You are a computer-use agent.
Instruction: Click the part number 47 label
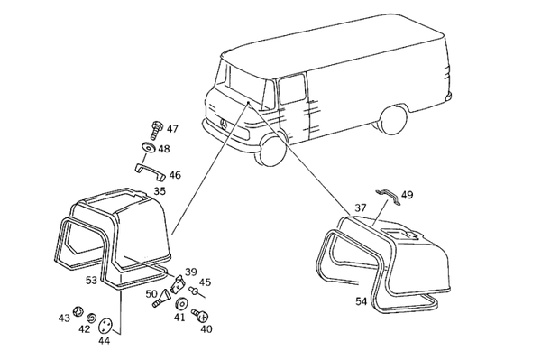(172, 129)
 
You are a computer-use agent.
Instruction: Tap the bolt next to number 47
(156, 129)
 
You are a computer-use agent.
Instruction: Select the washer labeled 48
(149, 147)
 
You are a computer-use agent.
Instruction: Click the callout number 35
(160, 191)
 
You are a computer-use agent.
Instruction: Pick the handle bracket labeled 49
(389, 197)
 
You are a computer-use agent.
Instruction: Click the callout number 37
(361, 208)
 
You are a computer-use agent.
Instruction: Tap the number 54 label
(361, 301)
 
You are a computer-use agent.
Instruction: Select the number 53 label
(91, 281)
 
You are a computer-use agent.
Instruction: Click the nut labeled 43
(78, 311)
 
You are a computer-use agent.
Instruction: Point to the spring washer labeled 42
(91, 318)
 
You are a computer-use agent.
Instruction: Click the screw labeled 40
(200, 314)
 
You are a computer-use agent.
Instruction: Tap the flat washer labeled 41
(180, 304)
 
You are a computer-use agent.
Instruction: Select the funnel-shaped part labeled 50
(161, 299)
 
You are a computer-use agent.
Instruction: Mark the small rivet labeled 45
(195, 291)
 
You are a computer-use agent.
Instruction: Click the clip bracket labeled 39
(178, 282)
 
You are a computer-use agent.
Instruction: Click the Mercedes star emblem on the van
(224, 124)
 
